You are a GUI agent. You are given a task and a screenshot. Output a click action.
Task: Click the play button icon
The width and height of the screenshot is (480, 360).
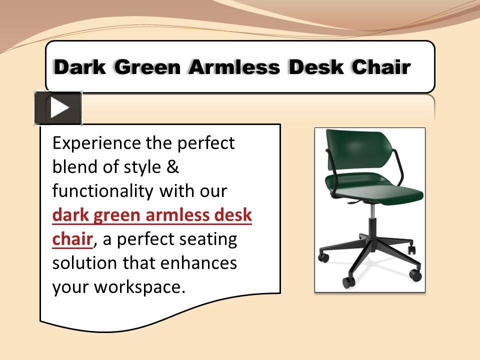click(x=58, y=107)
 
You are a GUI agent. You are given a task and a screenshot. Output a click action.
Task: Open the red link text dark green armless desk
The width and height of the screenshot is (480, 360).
click(x=152, y=215)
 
